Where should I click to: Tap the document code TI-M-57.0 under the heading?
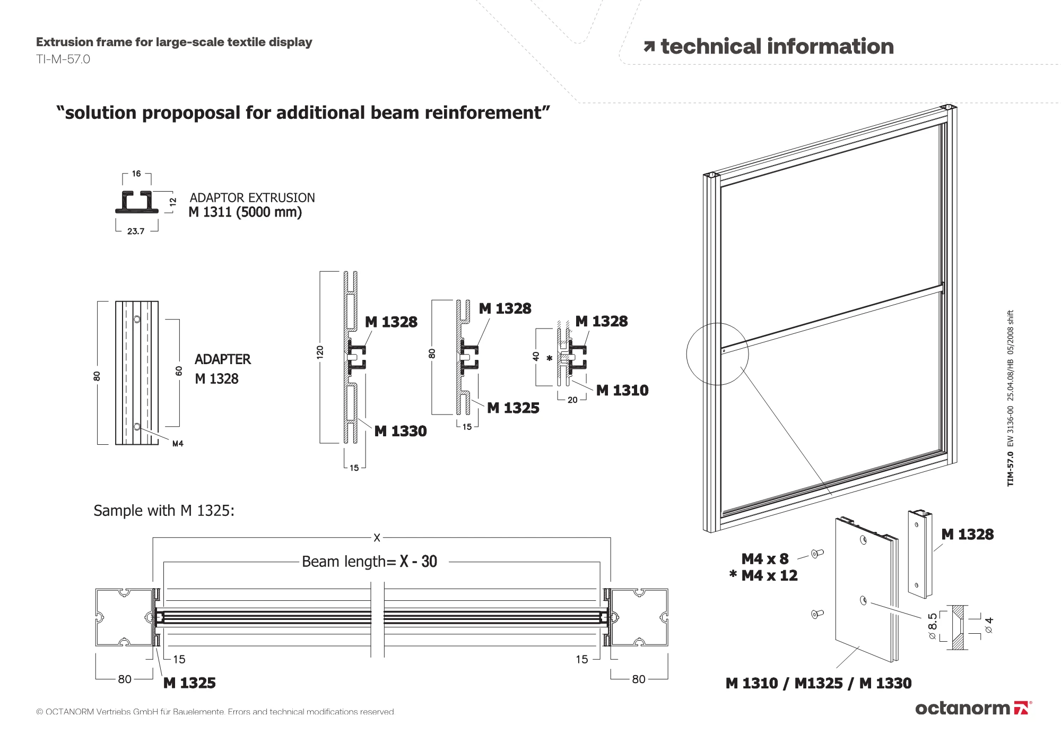click(63, 59)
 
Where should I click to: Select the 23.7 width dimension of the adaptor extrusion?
click(136, 231)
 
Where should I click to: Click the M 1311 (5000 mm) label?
click(245, 212)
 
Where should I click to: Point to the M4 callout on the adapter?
click(178, 444)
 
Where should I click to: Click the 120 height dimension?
click(320, 352)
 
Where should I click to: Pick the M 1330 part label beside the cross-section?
click(401, 431)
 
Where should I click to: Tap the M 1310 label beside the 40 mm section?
click(622, 391)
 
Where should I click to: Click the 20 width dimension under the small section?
click(572, 400)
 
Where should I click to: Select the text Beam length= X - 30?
click(369, 562)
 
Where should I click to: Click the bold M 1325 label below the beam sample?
click(189, 683)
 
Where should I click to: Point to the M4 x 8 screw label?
click(764, 559)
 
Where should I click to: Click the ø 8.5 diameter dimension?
click(933, 626)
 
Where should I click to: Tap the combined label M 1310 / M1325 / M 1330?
click(818, 684)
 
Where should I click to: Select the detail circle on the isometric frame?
click(717, 354)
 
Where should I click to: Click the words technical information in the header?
click(777, 47)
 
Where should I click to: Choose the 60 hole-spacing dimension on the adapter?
click(179, 371)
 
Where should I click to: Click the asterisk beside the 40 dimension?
click(550, 359)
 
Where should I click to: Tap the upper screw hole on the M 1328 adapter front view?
click(137, 320)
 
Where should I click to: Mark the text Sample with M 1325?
click(164, 511)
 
